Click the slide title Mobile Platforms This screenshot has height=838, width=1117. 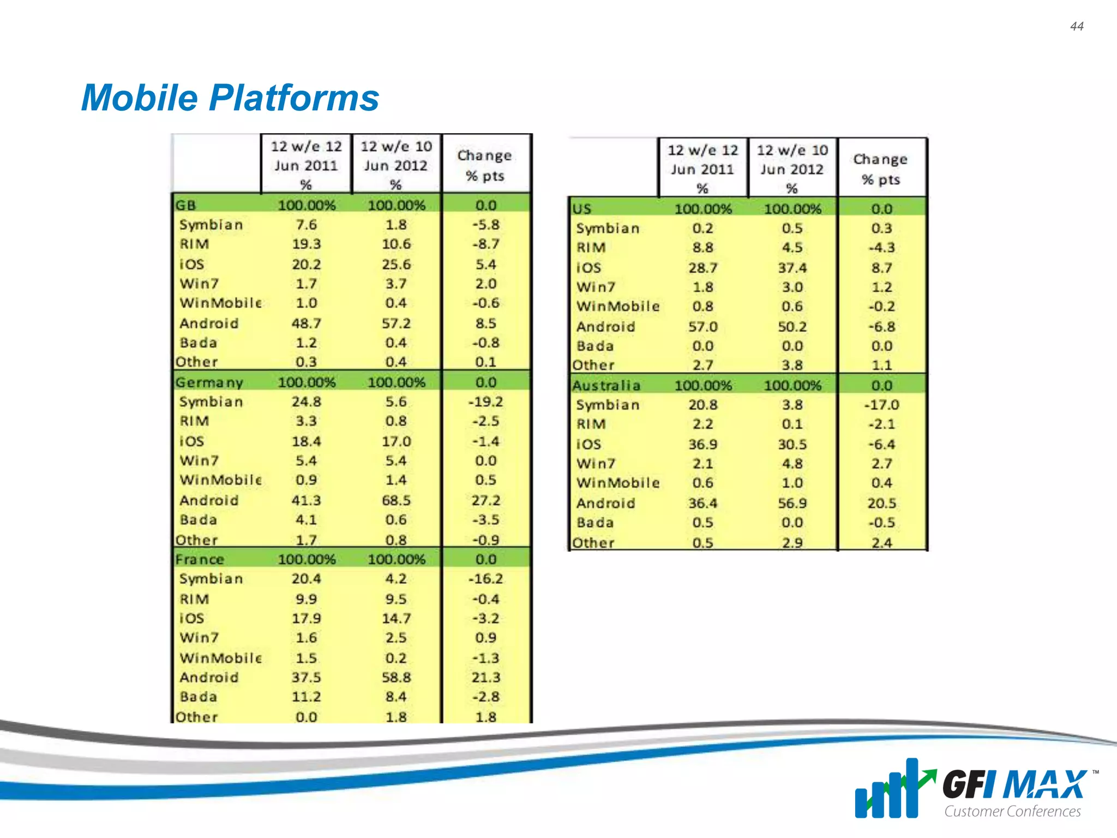point(230,98)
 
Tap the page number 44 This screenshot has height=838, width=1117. point(1077,26)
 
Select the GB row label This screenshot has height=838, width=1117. point(185,206)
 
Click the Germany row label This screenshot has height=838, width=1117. point(209,382)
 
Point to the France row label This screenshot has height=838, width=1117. point(200,559)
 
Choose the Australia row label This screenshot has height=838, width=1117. point(606,386)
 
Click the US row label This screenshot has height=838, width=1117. point(581,209)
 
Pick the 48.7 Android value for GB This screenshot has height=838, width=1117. point(306,324)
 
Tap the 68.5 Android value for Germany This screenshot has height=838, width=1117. point(396,500)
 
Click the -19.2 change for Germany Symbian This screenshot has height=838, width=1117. point(485,402)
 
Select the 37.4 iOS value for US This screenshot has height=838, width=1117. point(792,268)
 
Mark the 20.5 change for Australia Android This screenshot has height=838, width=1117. point(881,503)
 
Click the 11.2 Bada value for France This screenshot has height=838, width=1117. point(306,697)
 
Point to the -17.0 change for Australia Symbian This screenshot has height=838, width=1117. point(881,405)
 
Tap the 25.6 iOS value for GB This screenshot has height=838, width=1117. point(396,265)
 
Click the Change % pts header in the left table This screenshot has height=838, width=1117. point(485,165)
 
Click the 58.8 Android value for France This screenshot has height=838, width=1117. point(396,678)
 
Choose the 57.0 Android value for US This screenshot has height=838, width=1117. point(702,327)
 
